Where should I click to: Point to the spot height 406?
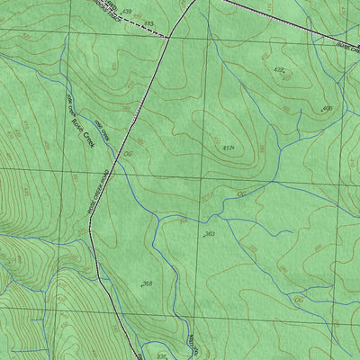click(327, 108)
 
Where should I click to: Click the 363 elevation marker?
click(209, 234)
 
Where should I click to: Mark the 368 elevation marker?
click(147, 283)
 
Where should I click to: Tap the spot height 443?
click(148, 22)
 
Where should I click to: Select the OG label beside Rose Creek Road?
click(128, 154)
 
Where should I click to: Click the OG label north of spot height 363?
click(240, 193)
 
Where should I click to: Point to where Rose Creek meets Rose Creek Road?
click(114, 167)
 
